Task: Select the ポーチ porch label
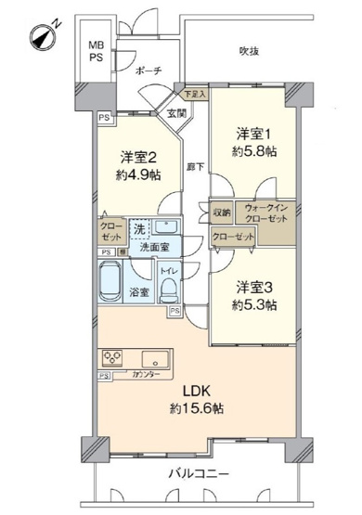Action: (x=148, y=70)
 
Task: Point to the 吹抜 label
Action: (x=248, y=51)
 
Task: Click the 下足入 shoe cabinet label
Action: (x=194, y=95)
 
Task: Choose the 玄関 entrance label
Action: (x=176, y=113)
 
